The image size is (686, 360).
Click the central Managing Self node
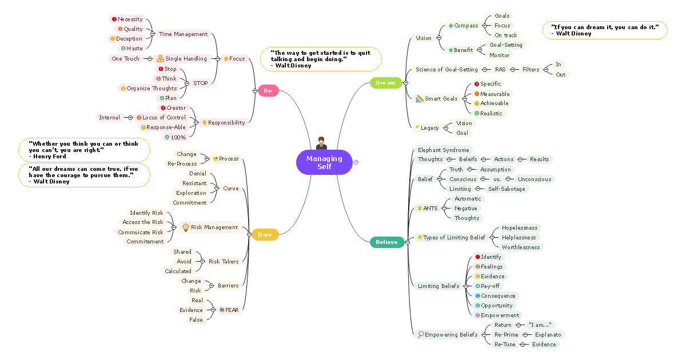324,162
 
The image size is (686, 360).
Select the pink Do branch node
268,90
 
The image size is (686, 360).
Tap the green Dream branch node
385,83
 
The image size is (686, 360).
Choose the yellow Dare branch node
265,234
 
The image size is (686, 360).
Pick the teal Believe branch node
386,242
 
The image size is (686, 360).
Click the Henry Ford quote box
84,150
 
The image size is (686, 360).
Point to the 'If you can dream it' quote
604,30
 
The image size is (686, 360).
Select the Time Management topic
183,34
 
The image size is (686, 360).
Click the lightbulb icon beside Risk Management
185,227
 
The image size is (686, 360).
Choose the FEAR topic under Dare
229,310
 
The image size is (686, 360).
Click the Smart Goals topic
440,99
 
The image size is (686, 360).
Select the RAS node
500,70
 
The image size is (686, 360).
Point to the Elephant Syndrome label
443,150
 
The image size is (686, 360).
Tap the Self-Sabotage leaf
506,189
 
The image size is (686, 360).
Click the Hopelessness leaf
520,228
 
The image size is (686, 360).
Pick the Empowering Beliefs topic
451,334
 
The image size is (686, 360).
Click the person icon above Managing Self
321,143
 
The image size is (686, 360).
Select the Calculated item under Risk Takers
178,271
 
